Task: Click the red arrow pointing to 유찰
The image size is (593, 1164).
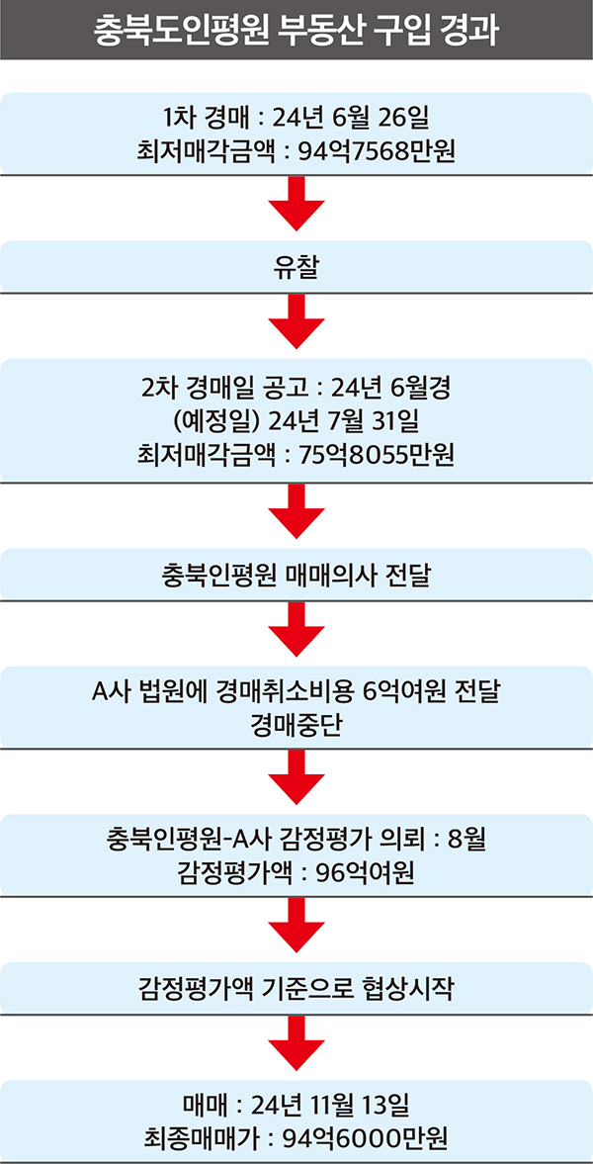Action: point(296,205)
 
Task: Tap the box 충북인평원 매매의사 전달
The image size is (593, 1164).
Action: point(296,574)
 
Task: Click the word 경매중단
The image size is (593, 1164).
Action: point(296,725)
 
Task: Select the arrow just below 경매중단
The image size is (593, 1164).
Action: point(296,778)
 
